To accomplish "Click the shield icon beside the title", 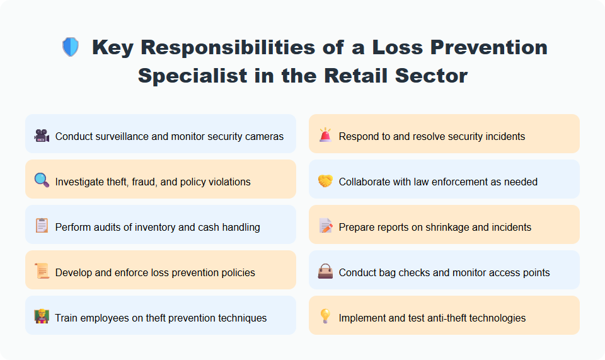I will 70,47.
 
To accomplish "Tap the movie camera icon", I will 42,136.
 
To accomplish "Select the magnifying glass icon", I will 42,182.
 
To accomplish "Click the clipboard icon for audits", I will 42,226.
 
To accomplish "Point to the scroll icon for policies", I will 42,272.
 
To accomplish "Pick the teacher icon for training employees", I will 42,317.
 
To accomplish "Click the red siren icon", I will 325,136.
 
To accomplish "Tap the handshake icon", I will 325,182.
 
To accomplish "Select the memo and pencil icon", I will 325,226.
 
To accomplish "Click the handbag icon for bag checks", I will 325,272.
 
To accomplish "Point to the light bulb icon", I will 325,317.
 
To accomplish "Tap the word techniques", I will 243,318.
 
